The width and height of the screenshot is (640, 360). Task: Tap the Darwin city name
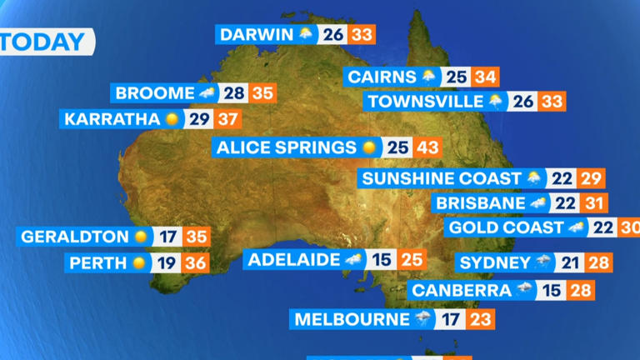tap(257, 34)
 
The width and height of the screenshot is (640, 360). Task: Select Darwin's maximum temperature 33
tap(362, 34)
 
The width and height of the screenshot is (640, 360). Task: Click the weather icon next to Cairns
tap(429, 77)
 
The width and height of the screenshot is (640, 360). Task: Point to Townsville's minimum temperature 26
tap(523, 102)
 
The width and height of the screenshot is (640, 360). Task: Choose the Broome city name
tap(154, 92)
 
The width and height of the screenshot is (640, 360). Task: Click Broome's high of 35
tap(262, 92)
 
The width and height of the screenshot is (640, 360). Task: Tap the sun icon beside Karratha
tap(172, 118)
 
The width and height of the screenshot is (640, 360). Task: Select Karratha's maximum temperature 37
tap(227, 118)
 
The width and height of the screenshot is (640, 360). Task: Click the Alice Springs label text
tap(286, 147)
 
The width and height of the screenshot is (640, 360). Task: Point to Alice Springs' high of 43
tap(427, 147)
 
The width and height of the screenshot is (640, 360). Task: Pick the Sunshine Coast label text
tap(440, 178)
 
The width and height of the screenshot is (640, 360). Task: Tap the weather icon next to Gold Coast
tap(576, 227)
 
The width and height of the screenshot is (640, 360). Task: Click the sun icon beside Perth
tap(138, 263)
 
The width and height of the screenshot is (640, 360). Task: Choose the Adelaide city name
tap(293, 259)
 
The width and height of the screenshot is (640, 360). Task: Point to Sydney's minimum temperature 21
tap(570, 263)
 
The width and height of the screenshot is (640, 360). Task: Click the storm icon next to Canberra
tap(524, 290)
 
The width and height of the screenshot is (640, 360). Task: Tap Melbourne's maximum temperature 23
tap(481, 319)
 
